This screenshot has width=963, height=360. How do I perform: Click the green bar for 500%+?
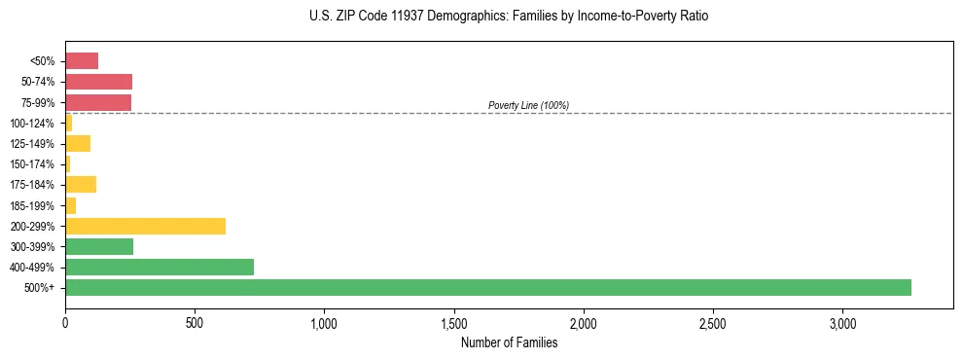click(x=486, y=287)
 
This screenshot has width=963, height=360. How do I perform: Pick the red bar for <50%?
click(x=82, y=61)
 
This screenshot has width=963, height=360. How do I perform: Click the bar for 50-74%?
click(x=98, y=82)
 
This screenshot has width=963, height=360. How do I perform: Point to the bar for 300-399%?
click(x=99, y=246)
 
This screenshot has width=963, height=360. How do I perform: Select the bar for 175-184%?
click(x=81, y=184)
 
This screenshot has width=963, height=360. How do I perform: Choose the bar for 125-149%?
click(x=78, y=143)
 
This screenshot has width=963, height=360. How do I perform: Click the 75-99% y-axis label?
click(x=38, y=102)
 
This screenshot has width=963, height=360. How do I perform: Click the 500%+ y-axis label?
click(x=41, y=288)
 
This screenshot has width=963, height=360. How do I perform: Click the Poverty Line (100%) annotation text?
click(x=528, y=105)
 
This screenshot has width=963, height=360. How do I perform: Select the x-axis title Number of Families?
click(x=509, y=342)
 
